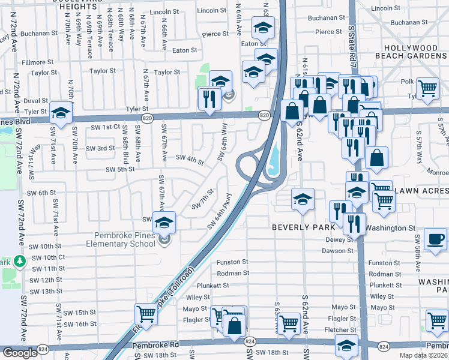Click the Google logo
coord(20,353)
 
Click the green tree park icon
coord(20,262)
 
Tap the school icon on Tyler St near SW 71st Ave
coord(61,112)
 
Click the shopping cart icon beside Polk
coord(428,88)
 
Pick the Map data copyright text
coord(421,354)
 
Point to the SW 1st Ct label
coord(106,127)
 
